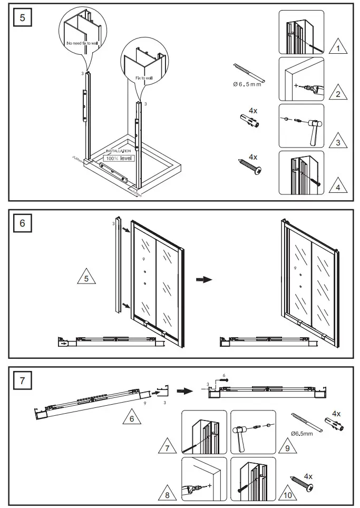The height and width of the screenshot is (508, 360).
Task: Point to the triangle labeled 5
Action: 86,278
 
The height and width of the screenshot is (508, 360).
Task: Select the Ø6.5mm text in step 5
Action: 247,84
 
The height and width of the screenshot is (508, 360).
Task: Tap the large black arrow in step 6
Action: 203,279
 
